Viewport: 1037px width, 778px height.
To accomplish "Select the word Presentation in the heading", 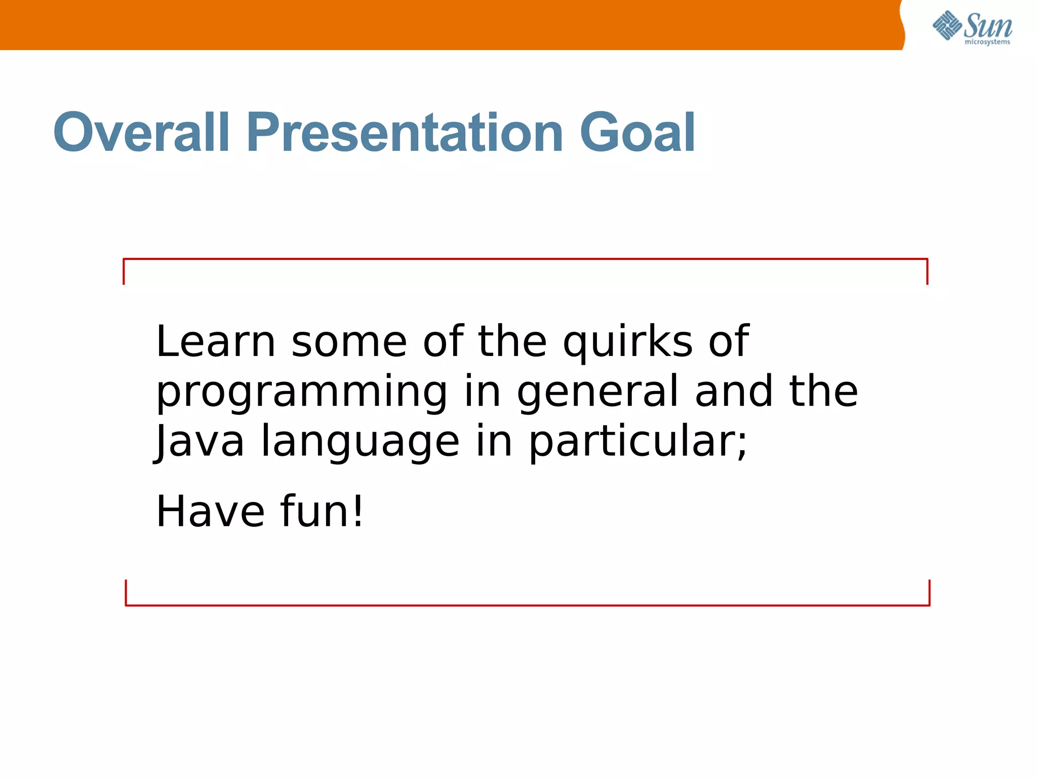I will (405, 133).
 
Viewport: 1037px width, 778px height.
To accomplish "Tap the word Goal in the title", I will (637, 133).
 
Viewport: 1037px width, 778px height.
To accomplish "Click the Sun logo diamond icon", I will (946, 25).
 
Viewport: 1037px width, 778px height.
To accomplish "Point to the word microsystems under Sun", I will (987, 42).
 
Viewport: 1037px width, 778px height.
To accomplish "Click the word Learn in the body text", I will (216, 341).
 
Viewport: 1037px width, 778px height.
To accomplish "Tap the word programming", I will (302, 393).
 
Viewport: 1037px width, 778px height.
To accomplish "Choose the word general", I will (597, 393).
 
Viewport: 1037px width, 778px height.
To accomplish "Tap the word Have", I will (210, 512).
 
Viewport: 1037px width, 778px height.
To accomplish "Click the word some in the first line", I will (349, 342).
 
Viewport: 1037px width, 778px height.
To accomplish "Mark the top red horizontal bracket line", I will (525, 259).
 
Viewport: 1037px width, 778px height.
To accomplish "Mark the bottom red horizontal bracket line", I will (527, 605).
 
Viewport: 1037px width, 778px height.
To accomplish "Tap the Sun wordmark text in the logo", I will (988, 25).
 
